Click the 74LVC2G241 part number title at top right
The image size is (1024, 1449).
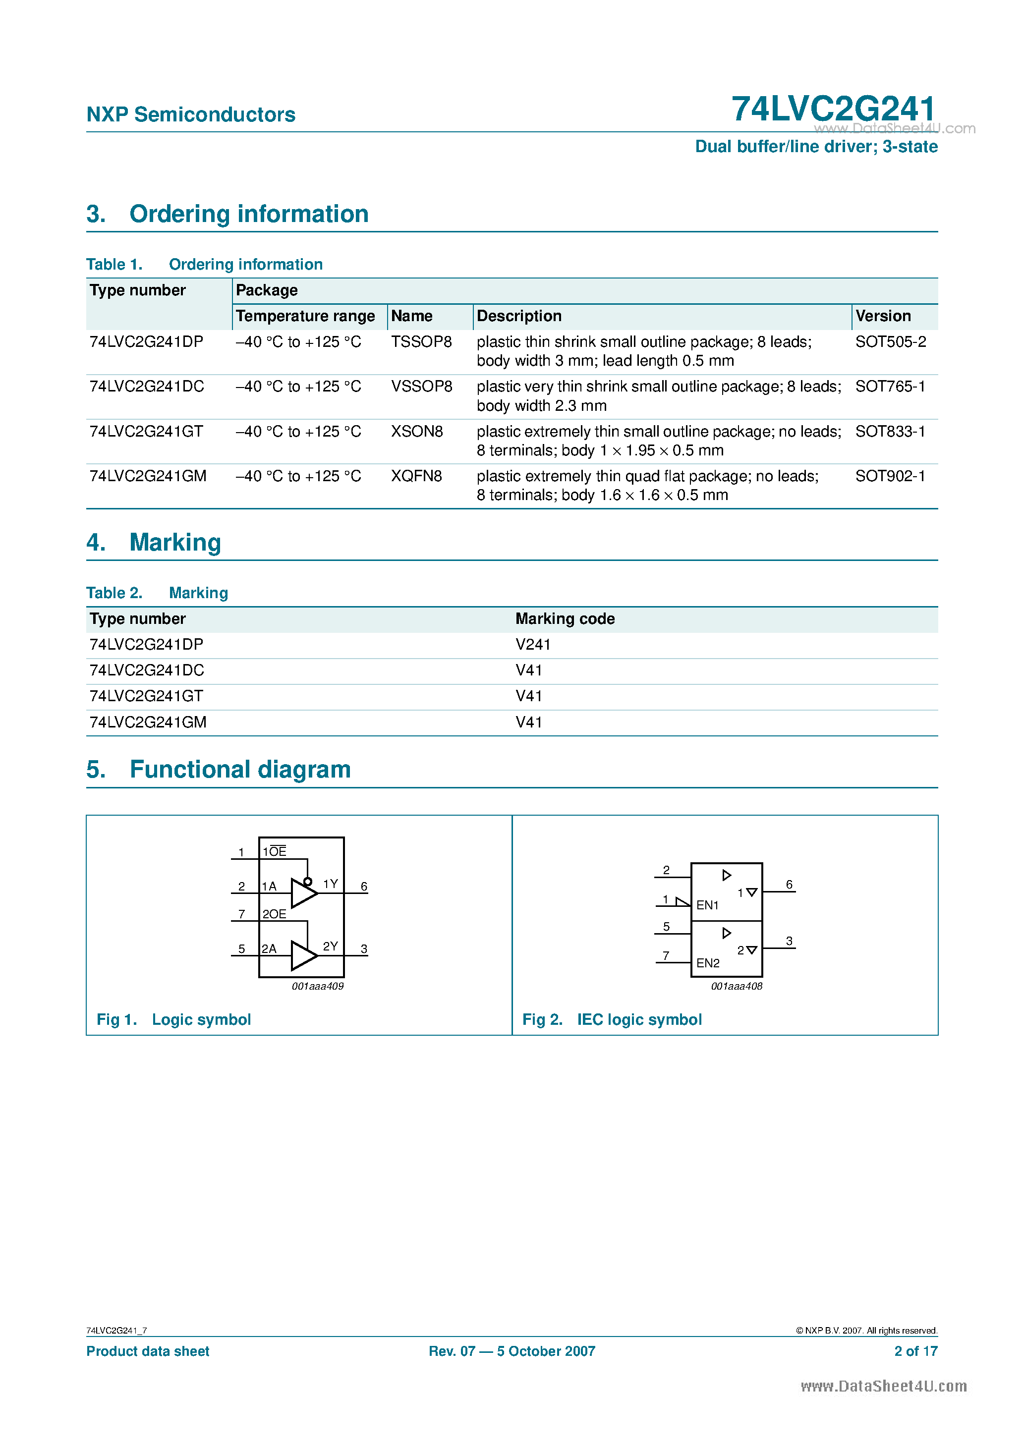point(833,109)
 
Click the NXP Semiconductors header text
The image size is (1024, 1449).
point(191,114)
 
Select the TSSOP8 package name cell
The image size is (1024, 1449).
point(421,341)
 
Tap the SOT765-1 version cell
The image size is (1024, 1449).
point(890,386)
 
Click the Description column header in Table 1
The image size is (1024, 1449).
point(519,316)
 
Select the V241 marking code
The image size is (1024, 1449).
point(533,644)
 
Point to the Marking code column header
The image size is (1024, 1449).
point(565,618)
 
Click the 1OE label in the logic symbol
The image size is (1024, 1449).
point(275,851)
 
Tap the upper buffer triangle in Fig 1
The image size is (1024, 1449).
point(303,893)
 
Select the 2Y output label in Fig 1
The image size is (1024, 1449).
point(330,946)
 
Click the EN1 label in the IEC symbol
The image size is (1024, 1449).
point(707,905)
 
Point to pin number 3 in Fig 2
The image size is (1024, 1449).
point(789,941)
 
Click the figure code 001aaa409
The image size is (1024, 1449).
point(318,986)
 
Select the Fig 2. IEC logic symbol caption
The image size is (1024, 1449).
point(612,1019)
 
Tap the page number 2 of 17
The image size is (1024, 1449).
point(915,1351)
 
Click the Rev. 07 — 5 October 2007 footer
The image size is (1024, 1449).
point(512,1351)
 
